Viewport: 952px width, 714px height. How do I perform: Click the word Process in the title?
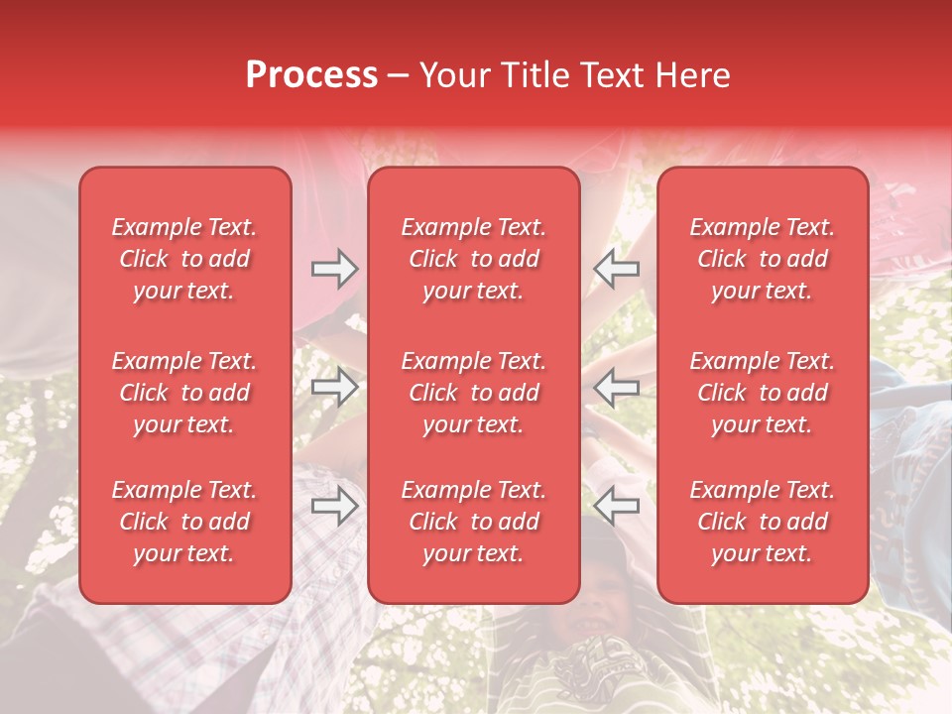[x=311, y=75]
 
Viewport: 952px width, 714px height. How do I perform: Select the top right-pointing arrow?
[x=334, y=269]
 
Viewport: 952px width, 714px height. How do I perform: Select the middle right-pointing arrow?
[x=334, y=387]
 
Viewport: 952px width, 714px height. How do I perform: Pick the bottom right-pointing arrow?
[x=334, y=507]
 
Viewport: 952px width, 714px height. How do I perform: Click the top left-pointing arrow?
[x=616, y=269]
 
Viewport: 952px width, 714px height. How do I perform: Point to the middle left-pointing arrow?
[x=616, y=387]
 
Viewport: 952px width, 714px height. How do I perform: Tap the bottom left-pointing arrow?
[x=616, y=507]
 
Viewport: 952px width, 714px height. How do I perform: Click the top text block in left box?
[x=184, y=259]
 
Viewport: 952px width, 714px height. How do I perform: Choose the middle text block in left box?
[x=184, y=393]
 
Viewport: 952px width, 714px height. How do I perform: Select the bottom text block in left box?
[x=184, y=522]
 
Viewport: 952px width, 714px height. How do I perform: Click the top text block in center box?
[x=473, y=259]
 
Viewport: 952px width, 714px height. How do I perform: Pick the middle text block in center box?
[x=473, y=393]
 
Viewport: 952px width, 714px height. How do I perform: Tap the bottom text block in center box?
[x=473, y=522]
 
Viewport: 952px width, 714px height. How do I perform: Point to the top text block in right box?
[x=762, y=259]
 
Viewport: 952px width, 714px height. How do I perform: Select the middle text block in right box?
[x=762, y=393]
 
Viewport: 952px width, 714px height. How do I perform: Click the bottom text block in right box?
[x=762, y=522]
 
